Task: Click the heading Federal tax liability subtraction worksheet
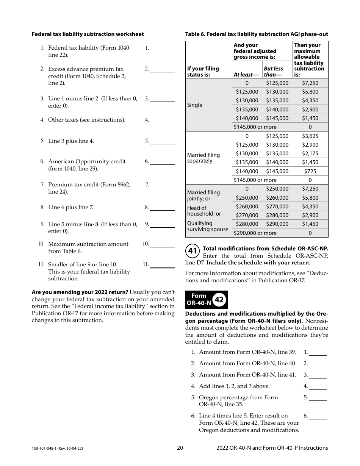click(x=88, y=34)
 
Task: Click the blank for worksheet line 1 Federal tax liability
click(x=162, y=49)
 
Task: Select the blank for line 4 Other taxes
click(x=162, y=120)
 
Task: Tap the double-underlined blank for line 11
click(x=162, y=265)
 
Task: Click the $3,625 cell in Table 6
click(x=310, y=136)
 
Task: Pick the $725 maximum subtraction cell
click(x=310, y=171)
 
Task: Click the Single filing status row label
click(x=195, y=105)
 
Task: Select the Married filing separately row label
click(x=203, y=158)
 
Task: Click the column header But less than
click(x=273, y=72)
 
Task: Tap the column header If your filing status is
click(x=203, y=72)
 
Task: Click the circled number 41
click(x=193, y=251)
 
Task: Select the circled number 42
click(x=219, y=300)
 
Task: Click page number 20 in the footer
click(x=180, y=448)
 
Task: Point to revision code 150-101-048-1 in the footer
click(x=57, y=448)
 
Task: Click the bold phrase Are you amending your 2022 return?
click(x=80, y=292)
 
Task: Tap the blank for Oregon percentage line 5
click(x=318, y=398)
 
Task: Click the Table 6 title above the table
click(x=257, y=34)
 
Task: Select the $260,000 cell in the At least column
click(x=247, y=206)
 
